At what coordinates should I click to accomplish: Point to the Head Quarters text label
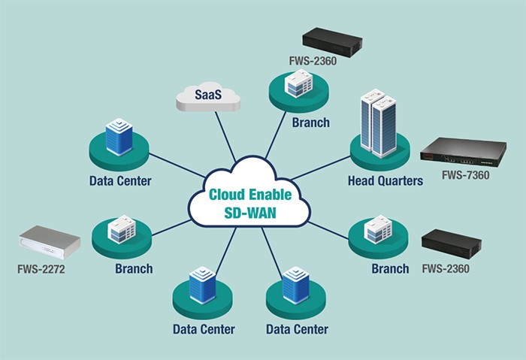[x=385, y=181]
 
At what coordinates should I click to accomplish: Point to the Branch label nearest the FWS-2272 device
[x=135, y=268]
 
